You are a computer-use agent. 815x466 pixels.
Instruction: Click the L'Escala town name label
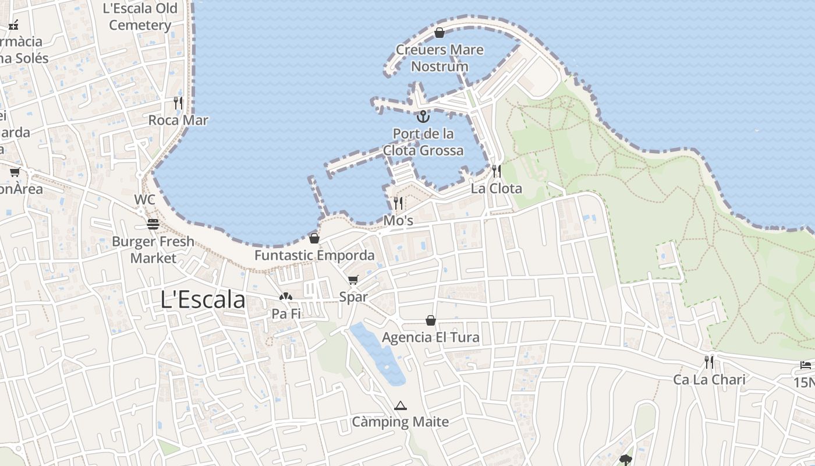click(x=203, y=299)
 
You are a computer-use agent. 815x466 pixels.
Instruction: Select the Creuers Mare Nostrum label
click(x=440, y=58)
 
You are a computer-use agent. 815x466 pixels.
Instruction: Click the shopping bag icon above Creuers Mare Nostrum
click(x=440, y=33)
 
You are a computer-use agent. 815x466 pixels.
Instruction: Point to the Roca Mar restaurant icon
click(x=178, y=103)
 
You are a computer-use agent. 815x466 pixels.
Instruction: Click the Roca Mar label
click(x=178, y=120)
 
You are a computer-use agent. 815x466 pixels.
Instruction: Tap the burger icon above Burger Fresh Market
click(x=153, y=224)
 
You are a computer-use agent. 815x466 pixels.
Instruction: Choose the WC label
click(x=145, y=200)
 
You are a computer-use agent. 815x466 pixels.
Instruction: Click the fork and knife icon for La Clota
click(x=497, y=171)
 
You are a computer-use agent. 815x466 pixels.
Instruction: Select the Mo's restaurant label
click(x=398, y=221)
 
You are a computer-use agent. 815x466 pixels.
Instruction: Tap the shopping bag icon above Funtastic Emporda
click(x=314, y=238)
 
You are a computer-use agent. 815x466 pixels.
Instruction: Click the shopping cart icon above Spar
click(x=353, y=280)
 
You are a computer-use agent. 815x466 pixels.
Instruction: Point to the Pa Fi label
click(x=286, y=314)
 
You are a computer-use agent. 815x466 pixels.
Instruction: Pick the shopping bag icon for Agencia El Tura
click(x=431, y=320)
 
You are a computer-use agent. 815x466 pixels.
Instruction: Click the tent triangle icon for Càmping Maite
click(x=400, y=405)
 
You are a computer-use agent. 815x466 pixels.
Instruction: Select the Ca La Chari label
click(x=709, y=380)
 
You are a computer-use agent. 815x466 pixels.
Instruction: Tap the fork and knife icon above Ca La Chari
click(x=709, y=362)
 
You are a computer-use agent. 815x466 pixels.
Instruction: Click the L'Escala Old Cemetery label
click(x=140, y=17)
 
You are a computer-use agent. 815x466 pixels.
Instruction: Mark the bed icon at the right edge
click(x=806, y=365)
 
